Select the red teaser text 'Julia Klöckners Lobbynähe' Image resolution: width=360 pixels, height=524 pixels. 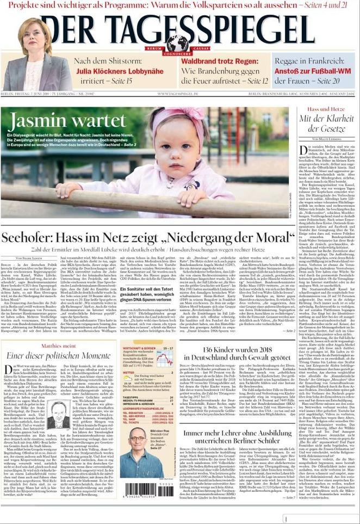click(119, 71)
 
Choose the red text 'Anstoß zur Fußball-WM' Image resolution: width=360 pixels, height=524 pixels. click(314, 71)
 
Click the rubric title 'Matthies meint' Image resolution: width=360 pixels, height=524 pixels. click(58, 345)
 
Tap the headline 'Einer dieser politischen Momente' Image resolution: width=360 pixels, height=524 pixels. click(58, 355)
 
